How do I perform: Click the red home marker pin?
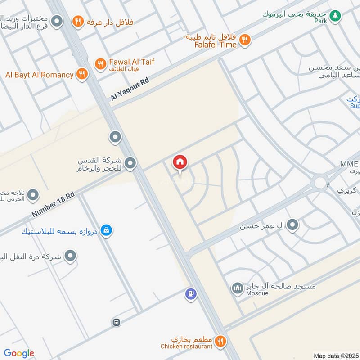coord(180,162)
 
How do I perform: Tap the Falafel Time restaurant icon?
coord(244,40)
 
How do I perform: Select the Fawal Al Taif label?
coord(131,62)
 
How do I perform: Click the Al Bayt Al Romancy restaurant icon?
coord(81,74)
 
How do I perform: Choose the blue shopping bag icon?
coord(106,230)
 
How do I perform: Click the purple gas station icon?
coord(191,295)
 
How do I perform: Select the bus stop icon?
coord(116,322)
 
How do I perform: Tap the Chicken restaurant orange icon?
coord(220,341)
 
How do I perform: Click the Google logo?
coord(19,353)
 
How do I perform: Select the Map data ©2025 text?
coord(336,355)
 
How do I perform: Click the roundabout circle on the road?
coord(320,183)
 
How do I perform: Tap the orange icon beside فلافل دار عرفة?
coord(78,21)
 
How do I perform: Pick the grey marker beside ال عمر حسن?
coord(293,224)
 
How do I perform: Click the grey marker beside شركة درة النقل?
coord(70,256)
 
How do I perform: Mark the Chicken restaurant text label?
coord(187,346)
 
